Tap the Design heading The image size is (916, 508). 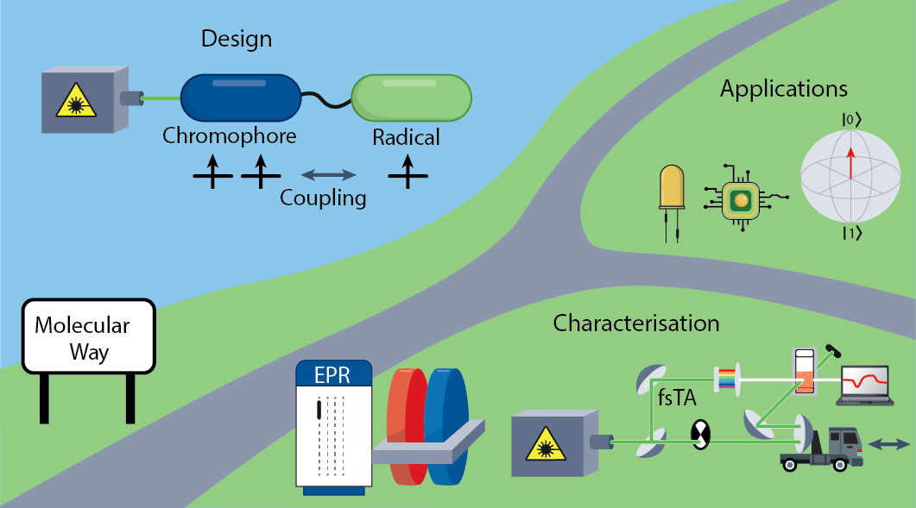[236, 39]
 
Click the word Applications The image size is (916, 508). [784, 88]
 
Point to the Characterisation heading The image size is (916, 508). [636, 323]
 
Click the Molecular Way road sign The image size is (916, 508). [87, 339]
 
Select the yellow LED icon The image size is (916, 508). [671, 190]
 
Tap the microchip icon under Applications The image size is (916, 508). [740, 200]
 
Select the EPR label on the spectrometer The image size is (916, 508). [333, 376]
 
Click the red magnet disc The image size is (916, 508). [407, 423]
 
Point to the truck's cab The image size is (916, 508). [844, 444]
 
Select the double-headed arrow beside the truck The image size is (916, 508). [888, 443]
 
